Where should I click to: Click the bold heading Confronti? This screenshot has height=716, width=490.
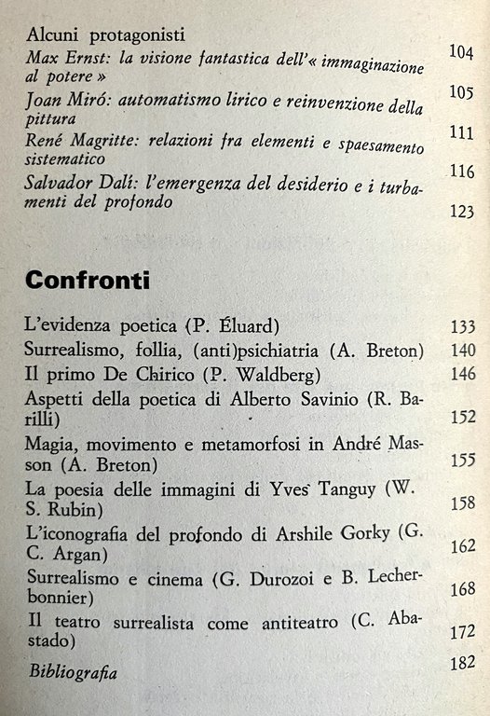[88, 280]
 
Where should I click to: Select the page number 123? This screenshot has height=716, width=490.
[461, 212]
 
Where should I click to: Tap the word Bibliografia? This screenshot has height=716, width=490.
[74, 670]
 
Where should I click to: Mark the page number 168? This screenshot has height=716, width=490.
[461, 589]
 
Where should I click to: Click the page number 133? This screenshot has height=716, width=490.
[461, 327]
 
